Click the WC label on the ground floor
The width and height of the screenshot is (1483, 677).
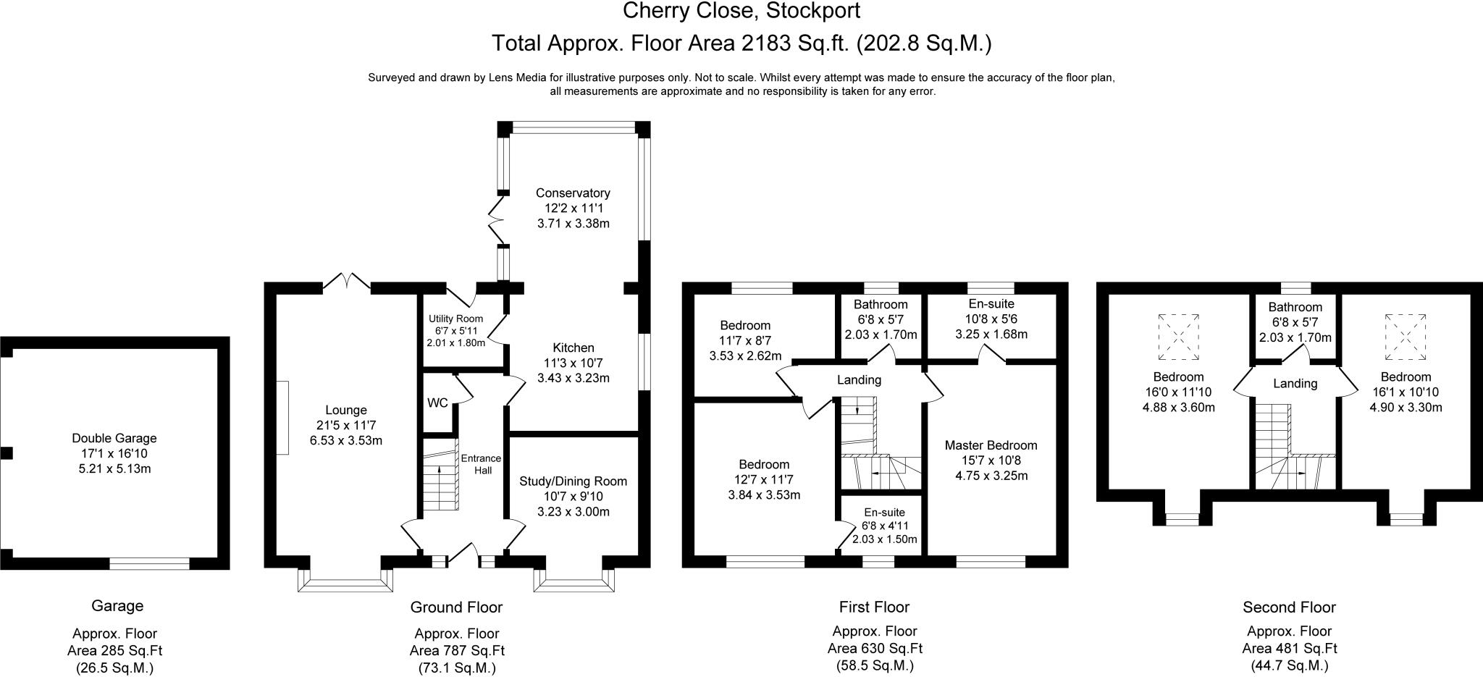tap(437, 403)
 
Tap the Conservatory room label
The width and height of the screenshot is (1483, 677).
tap(573, 193)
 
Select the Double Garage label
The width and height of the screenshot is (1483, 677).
tap(114, 438)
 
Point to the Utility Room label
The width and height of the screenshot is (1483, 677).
tap(455, 319)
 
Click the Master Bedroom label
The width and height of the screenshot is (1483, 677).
tap(991, 445)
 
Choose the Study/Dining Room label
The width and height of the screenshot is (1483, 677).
tap(574, 482)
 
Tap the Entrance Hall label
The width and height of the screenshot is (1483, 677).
tap(482, 464)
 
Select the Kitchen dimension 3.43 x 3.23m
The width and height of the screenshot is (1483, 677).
tap(574, 378)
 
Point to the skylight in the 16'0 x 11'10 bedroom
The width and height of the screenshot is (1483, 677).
tap(1178, 337)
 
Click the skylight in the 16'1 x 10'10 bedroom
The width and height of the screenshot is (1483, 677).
tap(1406, 337)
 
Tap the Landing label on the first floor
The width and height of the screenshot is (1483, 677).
tap(860, 380)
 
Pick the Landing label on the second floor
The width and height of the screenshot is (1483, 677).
tap(1295, 384)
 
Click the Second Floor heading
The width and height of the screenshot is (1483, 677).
tap(1290, 607)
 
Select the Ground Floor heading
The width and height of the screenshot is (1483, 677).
tap(456, 607)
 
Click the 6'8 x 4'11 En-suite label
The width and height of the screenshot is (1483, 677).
tap(884, 513)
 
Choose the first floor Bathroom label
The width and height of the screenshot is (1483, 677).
tap(881, 305)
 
